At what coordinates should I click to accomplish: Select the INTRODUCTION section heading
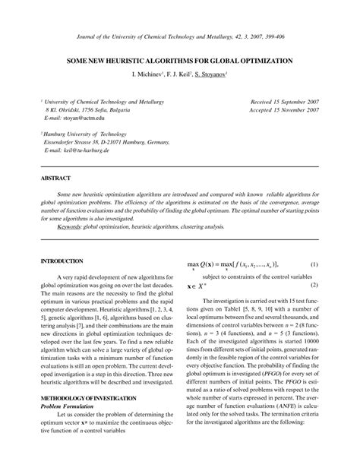coord(62,261)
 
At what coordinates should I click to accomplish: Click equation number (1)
coord(314,264)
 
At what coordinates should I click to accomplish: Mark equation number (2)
coord(314,285)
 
